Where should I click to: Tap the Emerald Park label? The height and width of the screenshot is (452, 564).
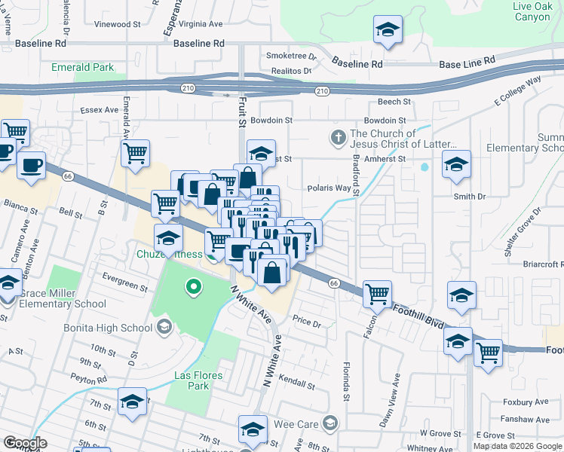coord(82,67)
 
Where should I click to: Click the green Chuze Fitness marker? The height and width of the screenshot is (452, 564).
coord(194,286)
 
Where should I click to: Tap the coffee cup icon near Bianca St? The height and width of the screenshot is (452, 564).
coord(31,165)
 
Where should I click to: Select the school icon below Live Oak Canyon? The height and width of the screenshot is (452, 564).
coord(388,29)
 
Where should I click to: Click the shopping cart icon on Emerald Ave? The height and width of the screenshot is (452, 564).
coord(135,153)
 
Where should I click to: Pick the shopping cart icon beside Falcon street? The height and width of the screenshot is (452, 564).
coord(377,294)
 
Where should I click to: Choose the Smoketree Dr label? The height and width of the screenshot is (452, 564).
coord(291,56)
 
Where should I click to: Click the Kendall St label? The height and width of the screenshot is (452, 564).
coord(295,380)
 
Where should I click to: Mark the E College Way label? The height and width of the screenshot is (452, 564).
coord(518,90)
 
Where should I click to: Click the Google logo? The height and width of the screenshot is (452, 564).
coord(25,443)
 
